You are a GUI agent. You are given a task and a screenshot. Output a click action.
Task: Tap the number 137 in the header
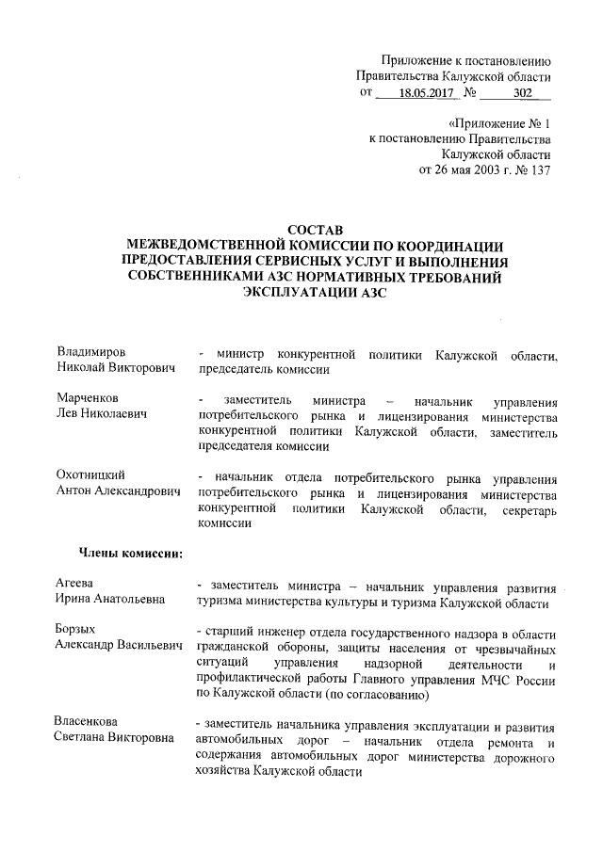click(x=539, y=170)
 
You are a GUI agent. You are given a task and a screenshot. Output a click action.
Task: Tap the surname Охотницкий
click(x=91, y=474)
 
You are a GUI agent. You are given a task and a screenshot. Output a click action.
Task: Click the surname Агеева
click(x=74, y=584)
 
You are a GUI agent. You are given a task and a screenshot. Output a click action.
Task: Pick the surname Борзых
click(x=76, y=628)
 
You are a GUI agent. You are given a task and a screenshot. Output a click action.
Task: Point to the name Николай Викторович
click(x=117, y=370)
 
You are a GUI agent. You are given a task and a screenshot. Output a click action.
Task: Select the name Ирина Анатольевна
click(x=110, y=600)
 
